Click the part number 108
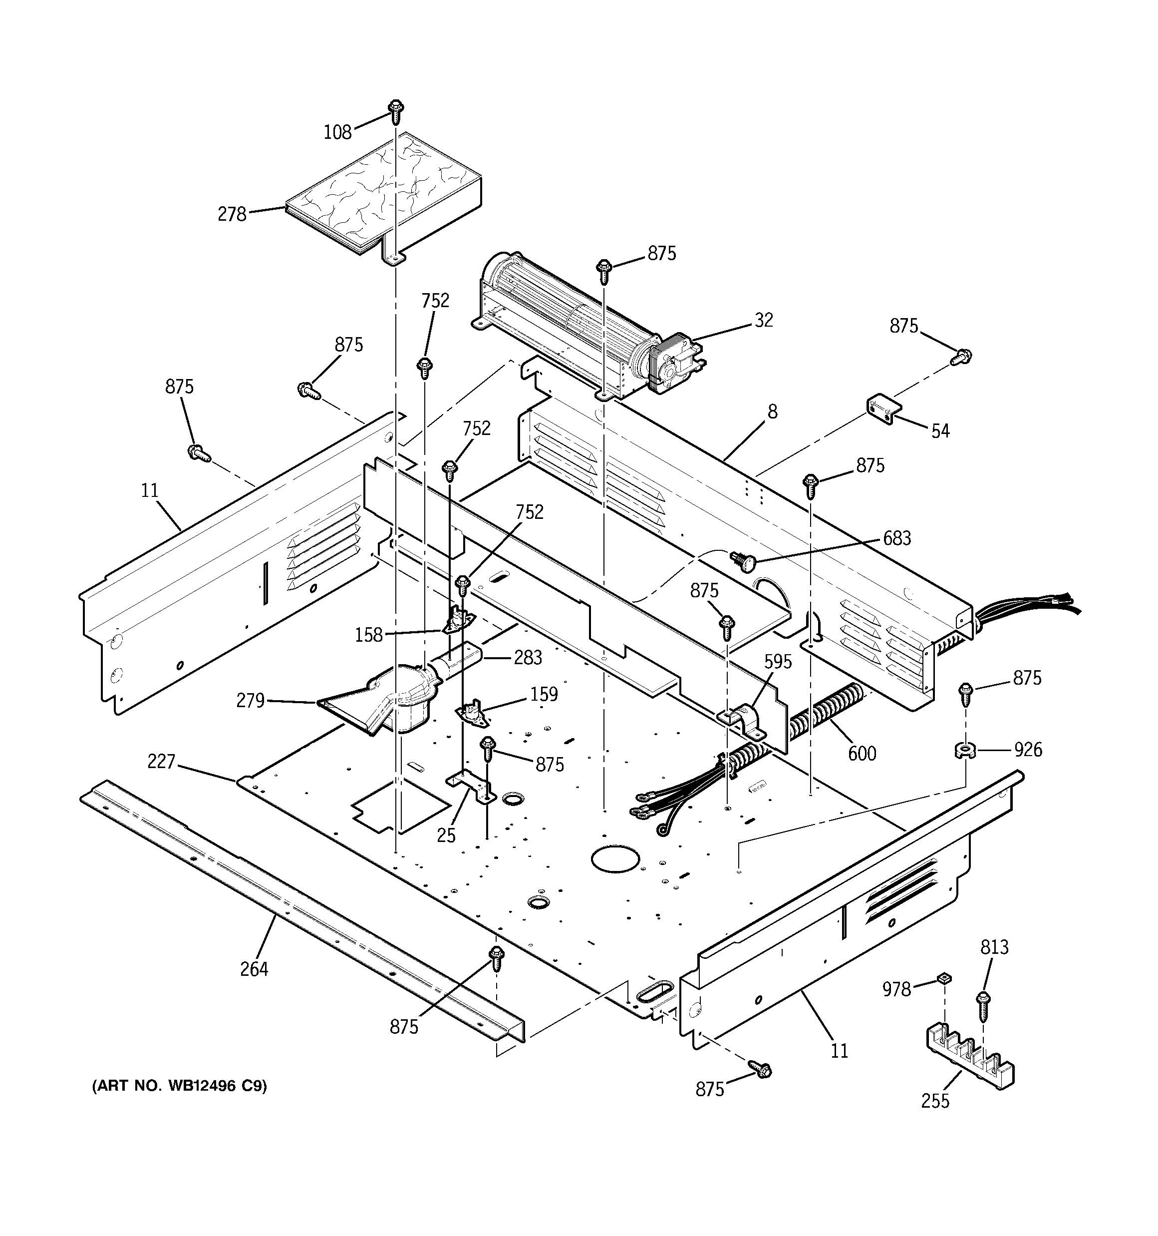(x=337, y=132)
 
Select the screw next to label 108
(x=395, y=111)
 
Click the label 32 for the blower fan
(x=764, y=320)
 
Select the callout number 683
(x=897, y=538)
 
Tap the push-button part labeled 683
(x=743, y=561)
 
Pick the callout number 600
(x=862, y=754)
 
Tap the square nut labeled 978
(x=944, y=980)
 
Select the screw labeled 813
(x=983, y=1005)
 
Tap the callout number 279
(x=251, y=701)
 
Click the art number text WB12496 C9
(x=179, y=1086)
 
